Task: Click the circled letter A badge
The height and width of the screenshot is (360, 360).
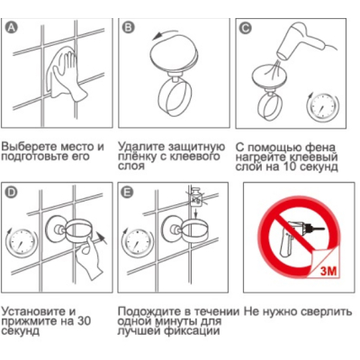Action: pos(12,27)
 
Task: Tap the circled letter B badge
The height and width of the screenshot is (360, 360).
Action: pos(129,27)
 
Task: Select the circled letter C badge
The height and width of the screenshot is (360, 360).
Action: pos(246,28)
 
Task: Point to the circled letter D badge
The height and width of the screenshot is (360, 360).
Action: pos(12,193)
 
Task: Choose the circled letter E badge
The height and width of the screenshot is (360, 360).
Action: pos(128,193)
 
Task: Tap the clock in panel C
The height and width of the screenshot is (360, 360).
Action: pos(323,107)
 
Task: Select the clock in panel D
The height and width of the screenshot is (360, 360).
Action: pos(21,242)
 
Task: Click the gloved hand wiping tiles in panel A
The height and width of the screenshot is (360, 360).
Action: pos(67,75)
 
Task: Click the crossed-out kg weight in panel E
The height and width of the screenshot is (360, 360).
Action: pos(195,197)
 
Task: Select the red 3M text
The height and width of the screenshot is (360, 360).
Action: pos(328,272)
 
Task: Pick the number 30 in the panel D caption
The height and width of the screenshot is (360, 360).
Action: pos(84,321)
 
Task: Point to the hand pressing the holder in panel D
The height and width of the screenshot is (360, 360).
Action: pos(89,257)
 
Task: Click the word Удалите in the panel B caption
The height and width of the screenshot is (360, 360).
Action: pos(141,148)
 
